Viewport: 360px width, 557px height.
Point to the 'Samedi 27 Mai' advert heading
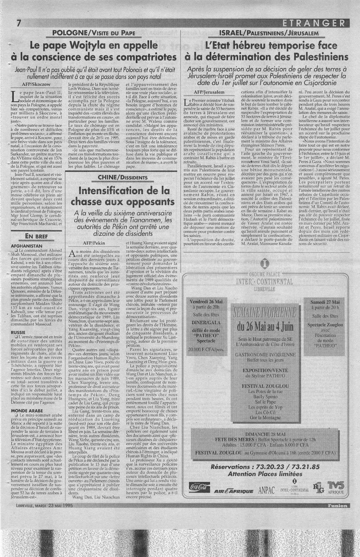click(x=326, y=301)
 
